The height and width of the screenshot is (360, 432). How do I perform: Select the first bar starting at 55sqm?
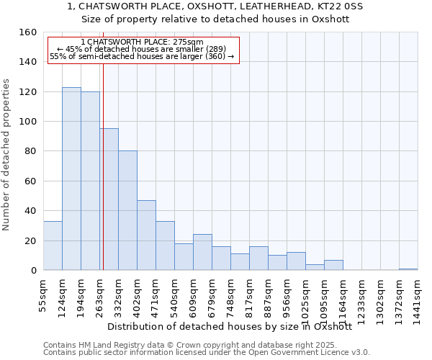53,246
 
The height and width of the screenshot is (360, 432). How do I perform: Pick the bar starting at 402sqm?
146,235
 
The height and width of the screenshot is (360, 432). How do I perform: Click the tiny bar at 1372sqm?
408,269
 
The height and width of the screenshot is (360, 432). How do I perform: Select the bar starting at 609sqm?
202,252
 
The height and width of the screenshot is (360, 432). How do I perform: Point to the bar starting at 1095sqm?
333,265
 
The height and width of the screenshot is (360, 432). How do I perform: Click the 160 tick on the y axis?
28,32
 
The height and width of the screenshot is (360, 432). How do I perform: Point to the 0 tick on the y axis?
33,271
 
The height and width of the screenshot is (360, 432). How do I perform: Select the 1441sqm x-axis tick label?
418,302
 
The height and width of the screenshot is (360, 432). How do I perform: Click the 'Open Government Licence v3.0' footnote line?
207,353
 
